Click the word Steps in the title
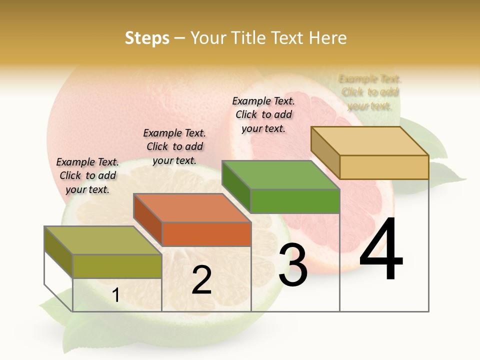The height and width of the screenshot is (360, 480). tap(147, 38)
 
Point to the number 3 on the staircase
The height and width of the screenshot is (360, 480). tap(292, 265)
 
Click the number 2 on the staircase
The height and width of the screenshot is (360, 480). tap(201, 280)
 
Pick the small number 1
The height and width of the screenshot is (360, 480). tap(115, 295)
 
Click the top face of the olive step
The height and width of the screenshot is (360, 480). tap(103, 240)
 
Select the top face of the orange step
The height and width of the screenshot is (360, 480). tap(192, 207)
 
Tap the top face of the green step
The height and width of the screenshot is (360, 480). tap(280, 174)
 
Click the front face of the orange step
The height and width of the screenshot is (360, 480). tap(206, 234)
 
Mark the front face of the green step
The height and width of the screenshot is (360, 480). tap(295, 201)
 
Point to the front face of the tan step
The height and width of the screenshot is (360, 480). tap(384, 167)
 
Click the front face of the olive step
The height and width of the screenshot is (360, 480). tap(117, 266)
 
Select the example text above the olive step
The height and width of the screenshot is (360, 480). tap(87, 175)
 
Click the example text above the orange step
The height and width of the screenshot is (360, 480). tap(174, 146)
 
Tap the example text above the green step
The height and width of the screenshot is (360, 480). tap(263, 114)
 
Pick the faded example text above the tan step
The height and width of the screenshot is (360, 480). tap(370, 92)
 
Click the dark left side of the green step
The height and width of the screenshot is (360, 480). tap(236, 186)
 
